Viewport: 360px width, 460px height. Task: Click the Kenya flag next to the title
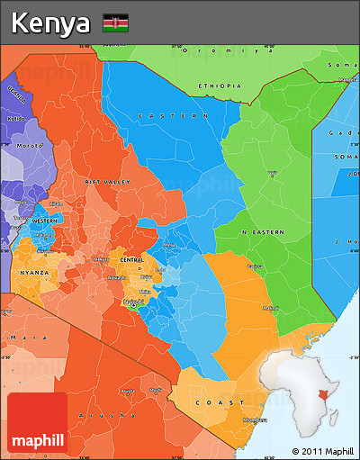115,23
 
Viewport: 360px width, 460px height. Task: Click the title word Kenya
51,23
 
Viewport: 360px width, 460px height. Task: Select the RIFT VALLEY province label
107,182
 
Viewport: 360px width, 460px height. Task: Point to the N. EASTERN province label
262,232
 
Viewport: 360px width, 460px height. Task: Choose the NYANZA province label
34,270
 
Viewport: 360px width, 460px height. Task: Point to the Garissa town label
255,266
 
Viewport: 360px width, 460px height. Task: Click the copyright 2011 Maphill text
321,450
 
